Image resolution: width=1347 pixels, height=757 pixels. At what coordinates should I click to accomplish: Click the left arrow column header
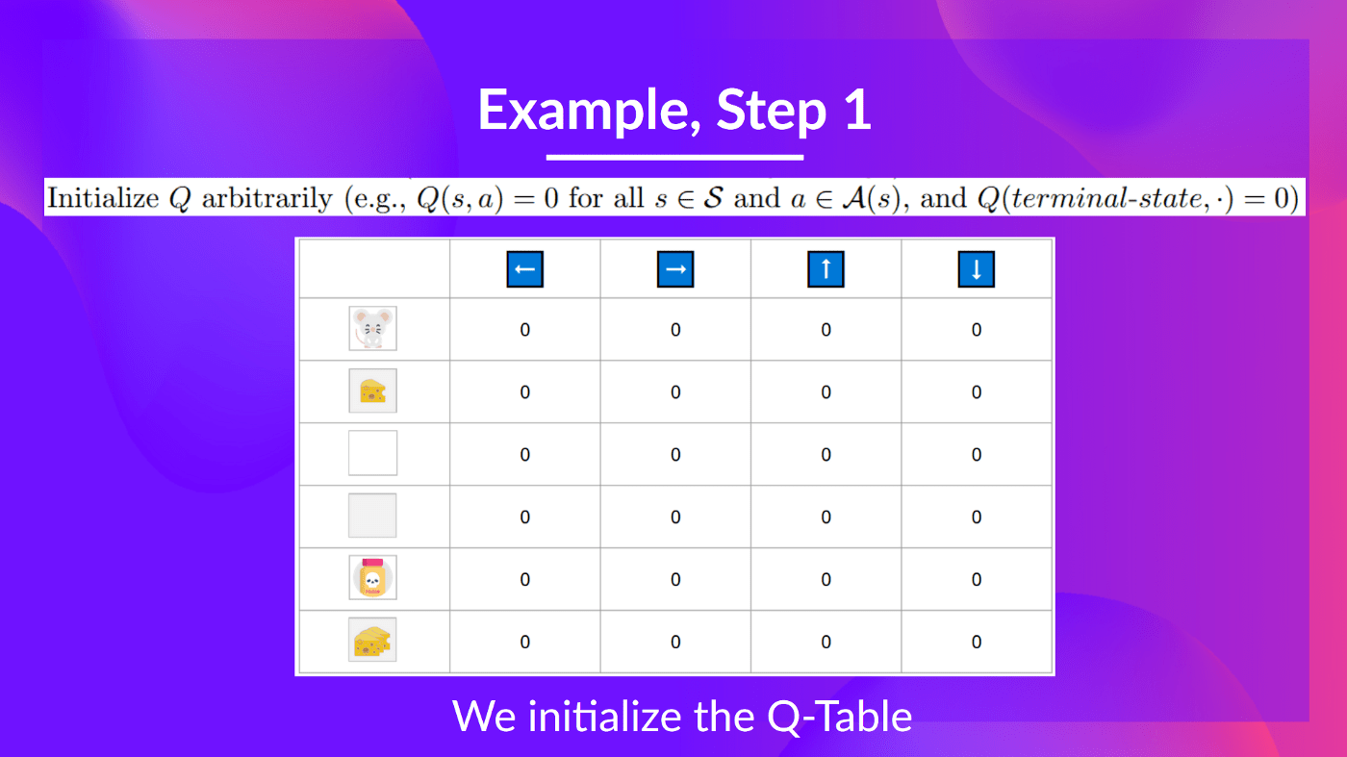(x=524, y=269)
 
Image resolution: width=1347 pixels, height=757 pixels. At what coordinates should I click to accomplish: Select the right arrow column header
(x=675, y=269)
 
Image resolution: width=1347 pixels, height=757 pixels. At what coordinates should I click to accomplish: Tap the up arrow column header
(x=826, y=269)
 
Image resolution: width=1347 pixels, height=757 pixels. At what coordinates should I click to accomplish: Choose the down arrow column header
(x=977, y=269)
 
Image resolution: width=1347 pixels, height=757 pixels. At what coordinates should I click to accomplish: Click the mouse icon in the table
(x=372, y=329)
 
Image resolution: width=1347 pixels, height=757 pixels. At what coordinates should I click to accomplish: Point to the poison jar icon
(x=372, y=579)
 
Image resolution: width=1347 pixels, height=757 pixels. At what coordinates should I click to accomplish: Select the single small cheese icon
(x=372, y=391)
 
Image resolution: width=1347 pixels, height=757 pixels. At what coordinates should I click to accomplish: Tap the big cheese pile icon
(x=372, y=641)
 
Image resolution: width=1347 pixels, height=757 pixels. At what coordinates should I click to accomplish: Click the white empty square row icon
(x=372, y=453)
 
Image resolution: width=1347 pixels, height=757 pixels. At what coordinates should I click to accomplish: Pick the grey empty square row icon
(x=372, y=516)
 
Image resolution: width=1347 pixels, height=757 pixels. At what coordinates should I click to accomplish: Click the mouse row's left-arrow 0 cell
(x=524, y=330)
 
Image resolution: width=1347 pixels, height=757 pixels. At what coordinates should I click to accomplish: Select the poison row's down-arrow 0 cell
(x=977, y=580)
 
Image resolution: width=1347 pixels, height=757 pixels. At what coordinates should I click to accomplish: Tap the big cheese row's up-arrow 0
(x=826, y=642)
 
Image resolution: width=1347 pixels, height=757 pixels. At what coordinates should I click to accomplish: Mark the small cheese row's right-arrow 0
(x=675, y=392)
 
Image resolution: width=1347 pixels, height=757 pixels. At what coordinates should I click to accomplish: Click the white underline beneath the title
(x=674, y=157)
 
